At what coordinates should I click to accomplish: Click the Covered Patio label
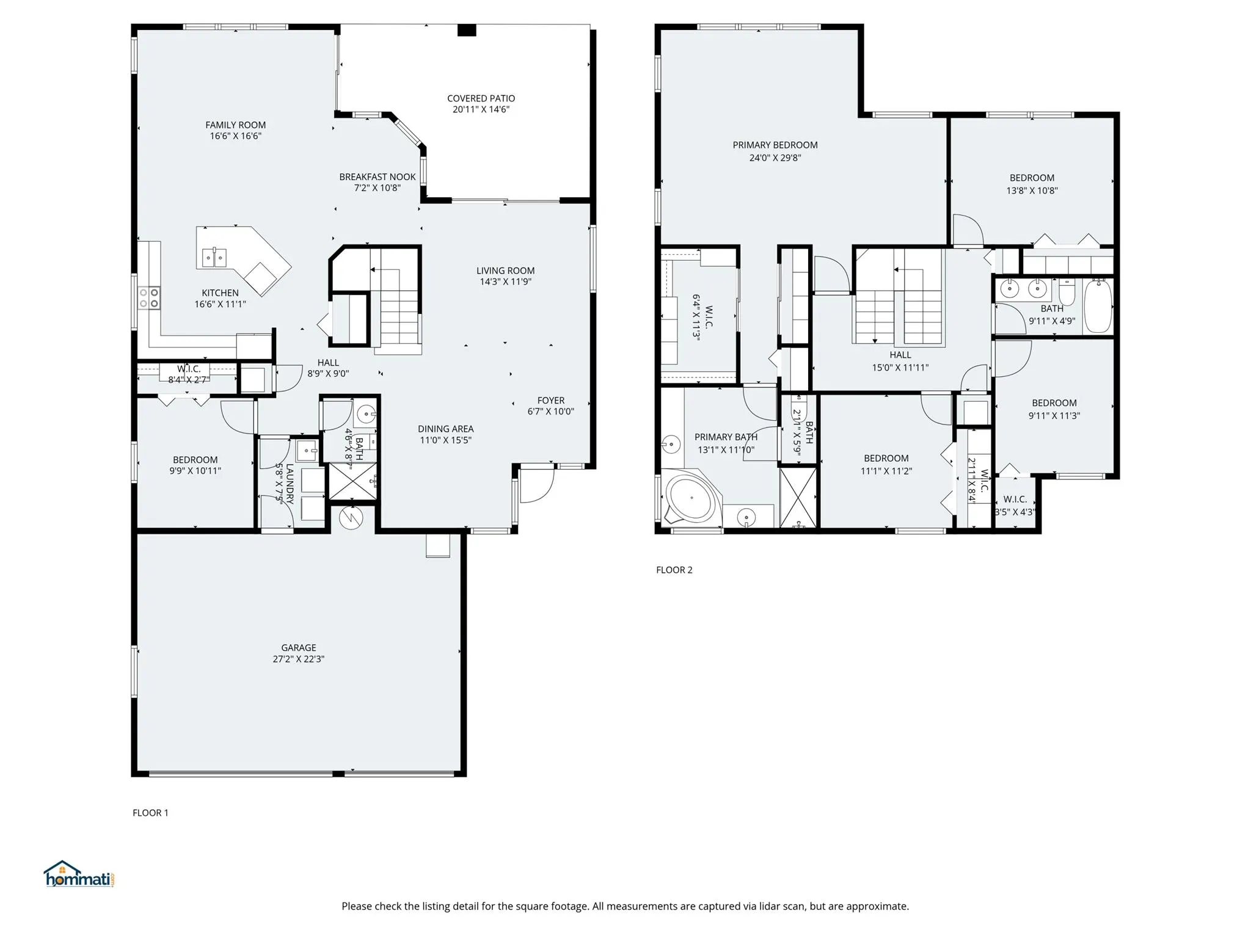coord(481,98)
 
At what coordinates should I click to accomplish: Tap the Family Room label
coord(235,125)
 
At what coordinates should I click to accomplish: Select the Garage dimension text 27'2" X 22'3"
coord(298,659)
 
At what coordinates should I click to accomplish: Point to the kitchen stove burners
coord(149,298)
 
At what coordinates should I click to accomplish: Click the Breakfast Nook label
coord(377,177)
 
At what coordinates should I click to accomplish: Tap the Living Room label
coord(505,271)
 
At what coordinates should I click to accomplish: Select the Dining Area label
coord(445,429)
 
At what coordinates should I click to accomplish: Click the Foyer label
coord(550,401)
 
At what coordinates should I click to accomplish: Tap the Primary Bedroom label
coord(775,145)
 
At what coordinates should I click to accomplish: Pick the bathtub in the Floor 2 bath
coord(1098,306)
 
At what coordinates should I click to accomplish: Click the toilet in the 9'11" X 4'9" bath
coord(1067,293)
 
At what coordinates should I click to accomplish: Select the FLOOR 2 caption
coord(674,570)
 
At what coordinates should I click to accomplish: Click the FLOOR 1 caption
coord(150,812)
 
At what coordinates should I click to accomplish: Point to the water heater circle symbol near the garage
coord(351,518)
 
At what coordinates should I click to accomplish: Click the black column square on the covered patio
coord(467,30)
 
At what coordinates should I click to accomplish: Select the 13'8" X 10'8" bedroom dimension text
coord(1032,190)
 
